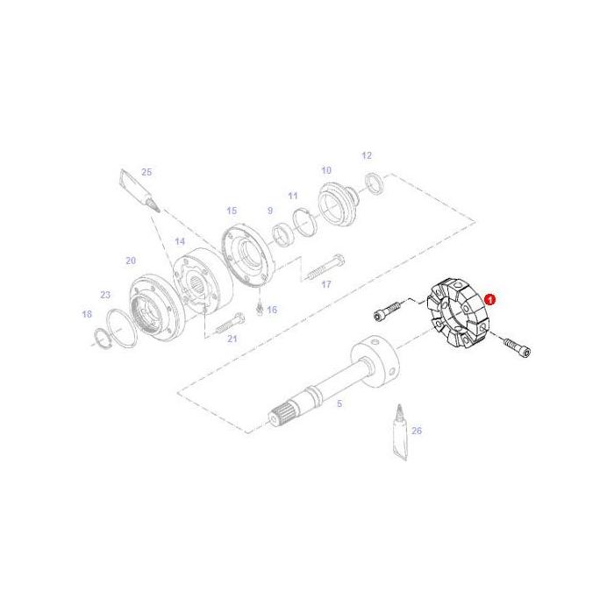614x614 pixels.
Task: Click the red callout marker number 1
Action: click(x=492, y=299)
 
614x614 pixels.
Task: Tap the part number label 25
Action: click(x=146, y=172)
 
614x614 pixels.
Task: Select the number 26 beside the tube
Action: click(x=417, y=431)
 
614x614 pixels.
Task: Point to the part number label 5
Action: click(x=339, y=404)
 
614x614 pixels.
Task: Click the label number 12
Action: click(x=367, y=155)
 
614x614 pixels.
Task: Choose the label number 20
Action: click(x=131, y=261)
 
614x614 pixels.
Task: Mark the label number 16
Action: click(x=271, y=310)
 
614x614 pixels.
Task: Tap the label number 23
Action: click(x=105, y=295)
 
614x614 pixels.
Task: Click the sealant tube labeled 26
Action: click(x=400, y=431)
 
